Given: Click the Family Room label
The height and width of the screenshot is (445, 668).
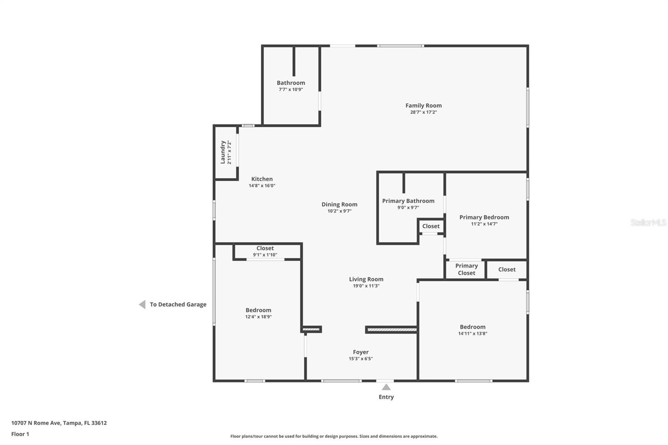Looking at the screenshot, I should [423, 106].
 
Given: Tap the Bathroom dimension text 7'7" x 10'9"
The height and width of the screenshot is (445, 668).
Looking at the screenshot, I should [291, 89].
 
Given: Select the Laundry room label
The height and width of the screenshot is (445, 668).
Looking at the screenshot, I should [223, 152].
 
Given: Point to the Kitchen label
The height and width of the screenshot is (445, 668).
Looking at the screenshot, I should [262, 179].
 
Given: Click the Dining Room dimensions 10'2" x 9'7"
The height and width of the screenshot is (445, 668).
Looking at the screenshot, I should [339, 211].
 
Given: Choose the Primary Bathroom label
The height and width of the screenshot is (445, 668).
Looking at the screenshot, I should [408, 201].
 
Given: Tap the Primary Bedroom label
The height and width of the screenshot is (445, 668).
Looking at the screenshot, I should [484, 217].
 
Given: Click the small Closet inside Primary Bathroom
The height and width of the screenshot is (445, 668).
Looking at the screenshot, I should [430, 226].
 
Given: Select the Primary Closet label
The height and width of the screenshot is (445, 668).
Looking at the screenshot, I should [466, 269].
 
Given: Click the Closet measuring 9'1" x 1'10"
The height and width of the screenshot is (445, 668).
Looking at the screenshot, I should [265, 251].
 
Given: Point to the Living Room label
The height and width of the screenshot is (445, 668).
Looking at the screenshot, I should [366, 279].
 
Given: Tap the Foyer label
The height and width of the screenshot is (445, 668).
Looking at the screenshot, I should [361, 352].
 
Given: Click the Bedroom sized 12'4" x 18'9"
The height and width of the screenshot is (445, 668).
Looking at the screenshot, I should [258, 310].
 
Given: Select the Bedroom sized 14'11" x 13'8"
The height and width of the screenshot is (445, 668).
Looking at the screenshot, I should [472, 327].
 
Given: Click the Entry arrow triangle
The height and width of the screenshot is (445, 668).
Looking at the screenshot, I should [386, 387].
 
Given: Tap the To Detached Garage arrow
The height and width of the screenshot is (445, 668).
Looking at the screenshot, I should [142, 304].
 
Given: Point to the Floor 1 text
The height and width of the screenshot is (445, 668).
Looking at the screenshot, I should [20, 434].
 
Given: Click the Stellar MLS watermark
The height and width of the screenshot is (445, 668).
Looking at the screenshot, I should [648, 222].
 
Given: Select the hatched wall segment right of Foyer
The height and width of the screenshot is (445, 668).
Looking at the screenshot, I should [392, 330].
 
